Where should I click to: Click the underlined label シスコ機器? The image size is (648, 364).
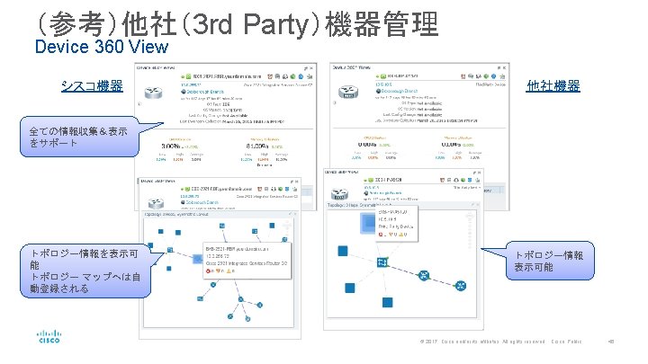pyautogui.click(x=92, y=86)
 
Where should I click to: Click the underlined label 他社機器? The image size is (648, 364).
pyautogui.click(x=553, y=86)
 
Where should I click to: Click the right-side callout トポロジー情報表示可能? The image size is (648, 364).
pyautogui.click(x=548, y=261)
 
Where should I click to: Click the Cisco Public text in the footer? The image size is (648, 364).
pyautogui.click(x=566, y=342)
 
